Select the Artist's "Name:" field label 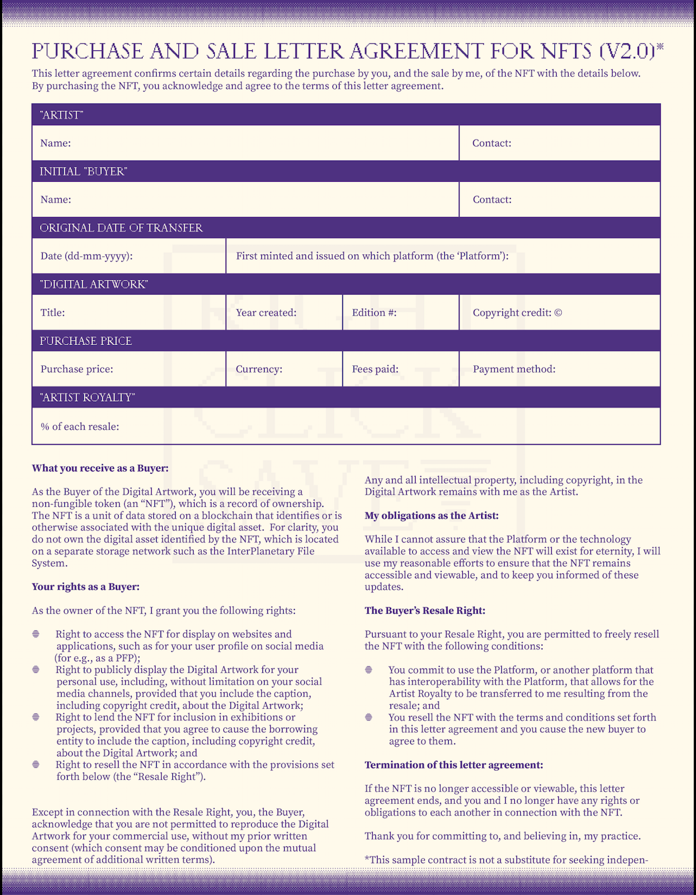point(55,143)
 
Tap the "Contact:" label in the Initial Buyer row point(492,200)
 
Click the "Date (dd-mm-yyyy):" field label point(86,256)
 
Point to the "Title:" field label point(53,313)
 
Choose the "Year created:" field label point(266,313)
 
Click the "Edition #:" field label point(374,313)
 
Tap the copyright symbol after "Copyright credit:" point(558,313)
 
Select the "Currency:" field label point(258,369)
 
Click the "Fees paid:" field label point(375,369)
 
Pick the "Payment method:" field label point(514,369)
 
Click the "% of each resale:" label point(79,427)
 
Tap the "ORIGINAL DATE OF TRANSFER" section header point(121,228)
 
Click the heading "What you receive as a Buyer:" point(100,468)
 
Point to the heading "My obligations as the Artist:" point(431,516)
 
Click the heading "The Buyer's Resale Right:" point(425,611)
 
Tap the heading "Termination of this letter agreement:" point(454,765)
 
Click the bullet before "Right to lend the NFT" point(36,717)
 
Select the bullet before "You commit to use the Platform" point(369,670)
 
